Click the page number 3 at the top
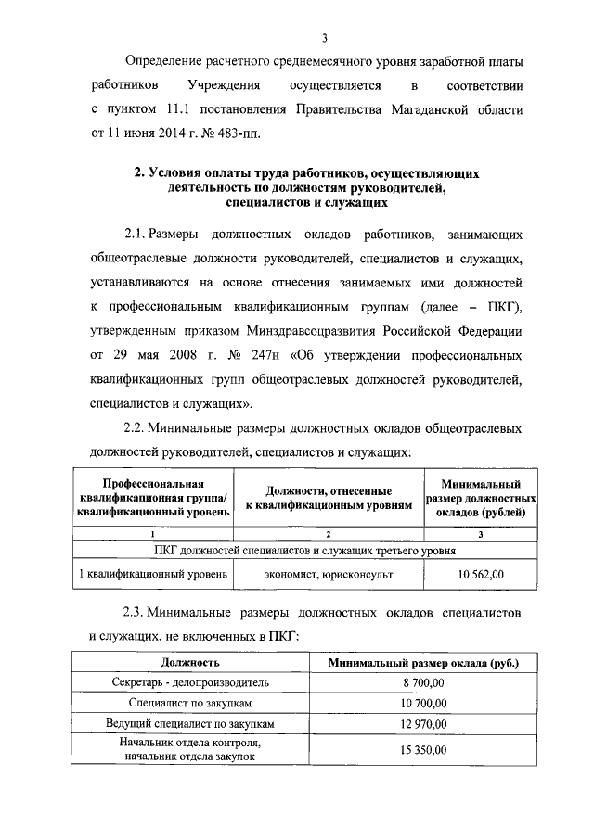point(325,38)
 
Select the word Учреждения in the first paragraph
point(224,85)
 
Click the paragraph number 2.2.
point(136,428)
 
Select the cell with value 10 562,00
point(480,575)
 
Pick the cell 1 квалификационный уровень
point(152,575)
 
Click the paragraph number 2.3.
point(136,614)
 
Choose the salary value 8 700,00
point(424,682)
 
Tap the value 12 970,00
point(424,724)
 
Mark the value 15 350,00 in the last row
point(424,750)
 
